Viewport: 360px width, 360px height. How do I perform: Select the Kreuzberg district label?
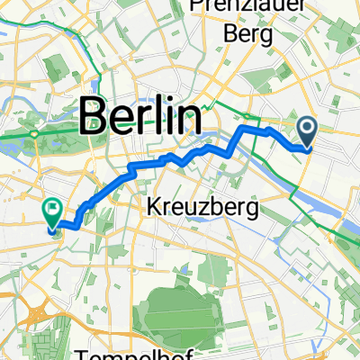coord(201,209)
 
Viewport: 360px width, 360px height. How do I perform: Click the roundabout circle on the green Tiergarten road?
coord(34,134)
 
